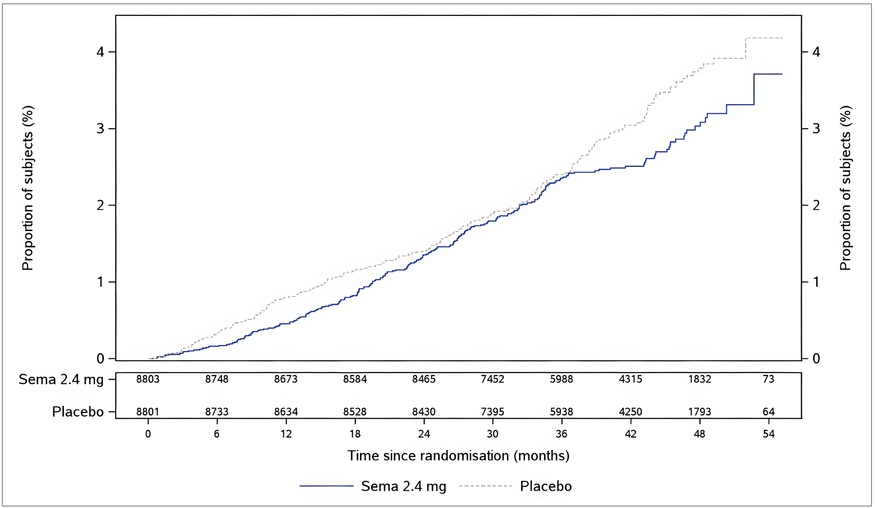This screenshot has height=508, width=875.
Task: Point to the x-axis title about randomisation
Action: pos(458,455)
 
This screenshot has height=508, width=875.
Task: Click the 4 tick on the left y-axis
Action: pos(100,52)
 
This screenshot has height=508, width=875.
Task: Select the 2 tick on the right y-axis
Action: pos(816,205)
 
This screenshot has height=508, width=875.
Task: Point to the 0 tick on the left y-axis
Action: pos(100,358)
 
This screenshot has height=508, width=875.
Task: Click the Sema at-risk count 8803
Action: pos(148,379)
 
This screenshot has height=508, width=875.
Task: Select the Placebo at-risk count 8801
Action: pos(148,412)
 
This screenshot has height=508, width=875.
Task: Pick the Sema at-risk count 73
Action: pos(768,379)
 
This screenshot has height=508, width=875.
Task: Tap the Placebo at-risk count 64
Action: pos(768,412)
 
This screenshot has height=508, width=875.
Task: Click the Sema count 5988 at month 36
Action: pos(561,379)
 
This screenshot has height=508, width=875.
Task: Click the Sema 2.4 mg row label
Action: pos(61,379)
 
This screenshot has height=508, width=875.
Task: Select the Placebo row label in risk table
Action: pos(78,412)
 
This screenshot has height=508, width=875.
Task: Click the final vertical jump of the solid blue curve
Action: pos(754,89)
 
